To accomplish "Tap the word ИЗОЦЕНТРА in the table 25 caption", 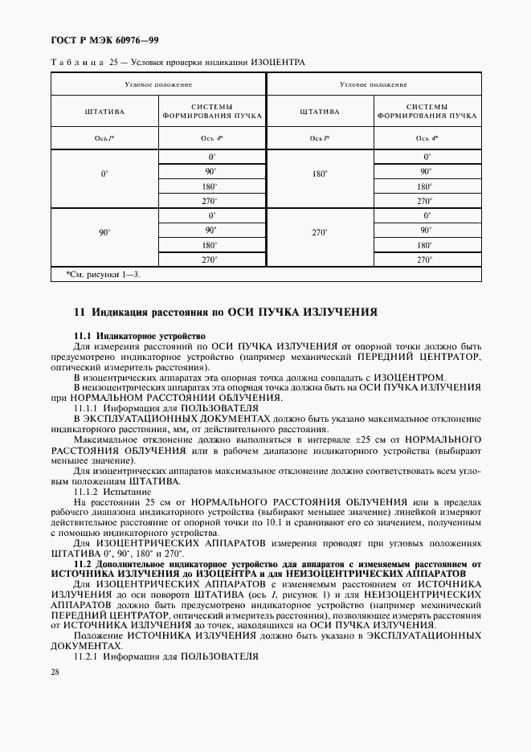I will pos(278,63).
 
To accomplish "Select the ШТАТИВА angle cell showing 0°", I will pos(104,173).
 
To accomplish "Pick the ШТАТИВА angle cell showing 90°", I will pos(104,232).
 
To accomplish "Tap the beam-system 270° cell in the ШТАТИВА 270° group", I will pos(427,260).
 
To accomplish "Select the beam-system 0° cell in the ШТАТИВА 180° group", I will pos(427,157).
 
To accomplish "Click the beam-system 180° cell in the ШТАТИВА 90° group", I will pos(211,245).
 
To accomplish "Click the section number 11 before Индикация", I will pos(79,312).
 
